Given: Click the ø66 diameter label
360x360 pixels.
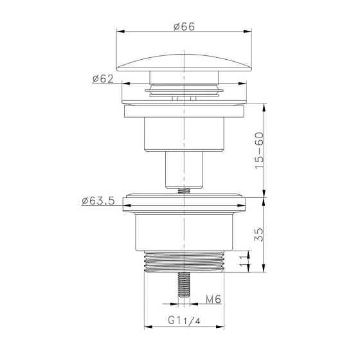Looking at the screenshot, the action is (184, 26).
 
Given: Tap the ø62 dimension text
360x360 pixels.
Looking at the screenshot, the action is (103, 78).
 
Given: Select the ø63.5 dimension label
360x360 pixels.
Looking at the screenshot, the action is (98, 201).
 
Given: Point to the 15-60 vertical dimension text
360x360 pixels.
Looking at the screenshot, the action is (260, 150).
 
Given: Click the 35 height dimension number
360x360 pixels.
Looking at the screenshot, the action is (260, 234).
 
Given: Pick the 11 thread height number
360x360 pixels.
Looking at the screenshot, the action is (244, 262).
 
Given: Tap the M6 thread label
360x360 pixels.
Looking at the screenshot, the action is (213, 299).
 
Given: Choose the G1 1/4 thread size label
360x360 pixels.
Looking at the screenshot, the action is (184, 320).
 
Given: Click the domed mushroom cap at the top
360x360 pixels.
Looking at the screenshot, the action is (184, 63).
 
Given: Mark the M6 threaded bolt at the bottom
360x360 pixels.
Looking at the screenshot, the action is (184, 285).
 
